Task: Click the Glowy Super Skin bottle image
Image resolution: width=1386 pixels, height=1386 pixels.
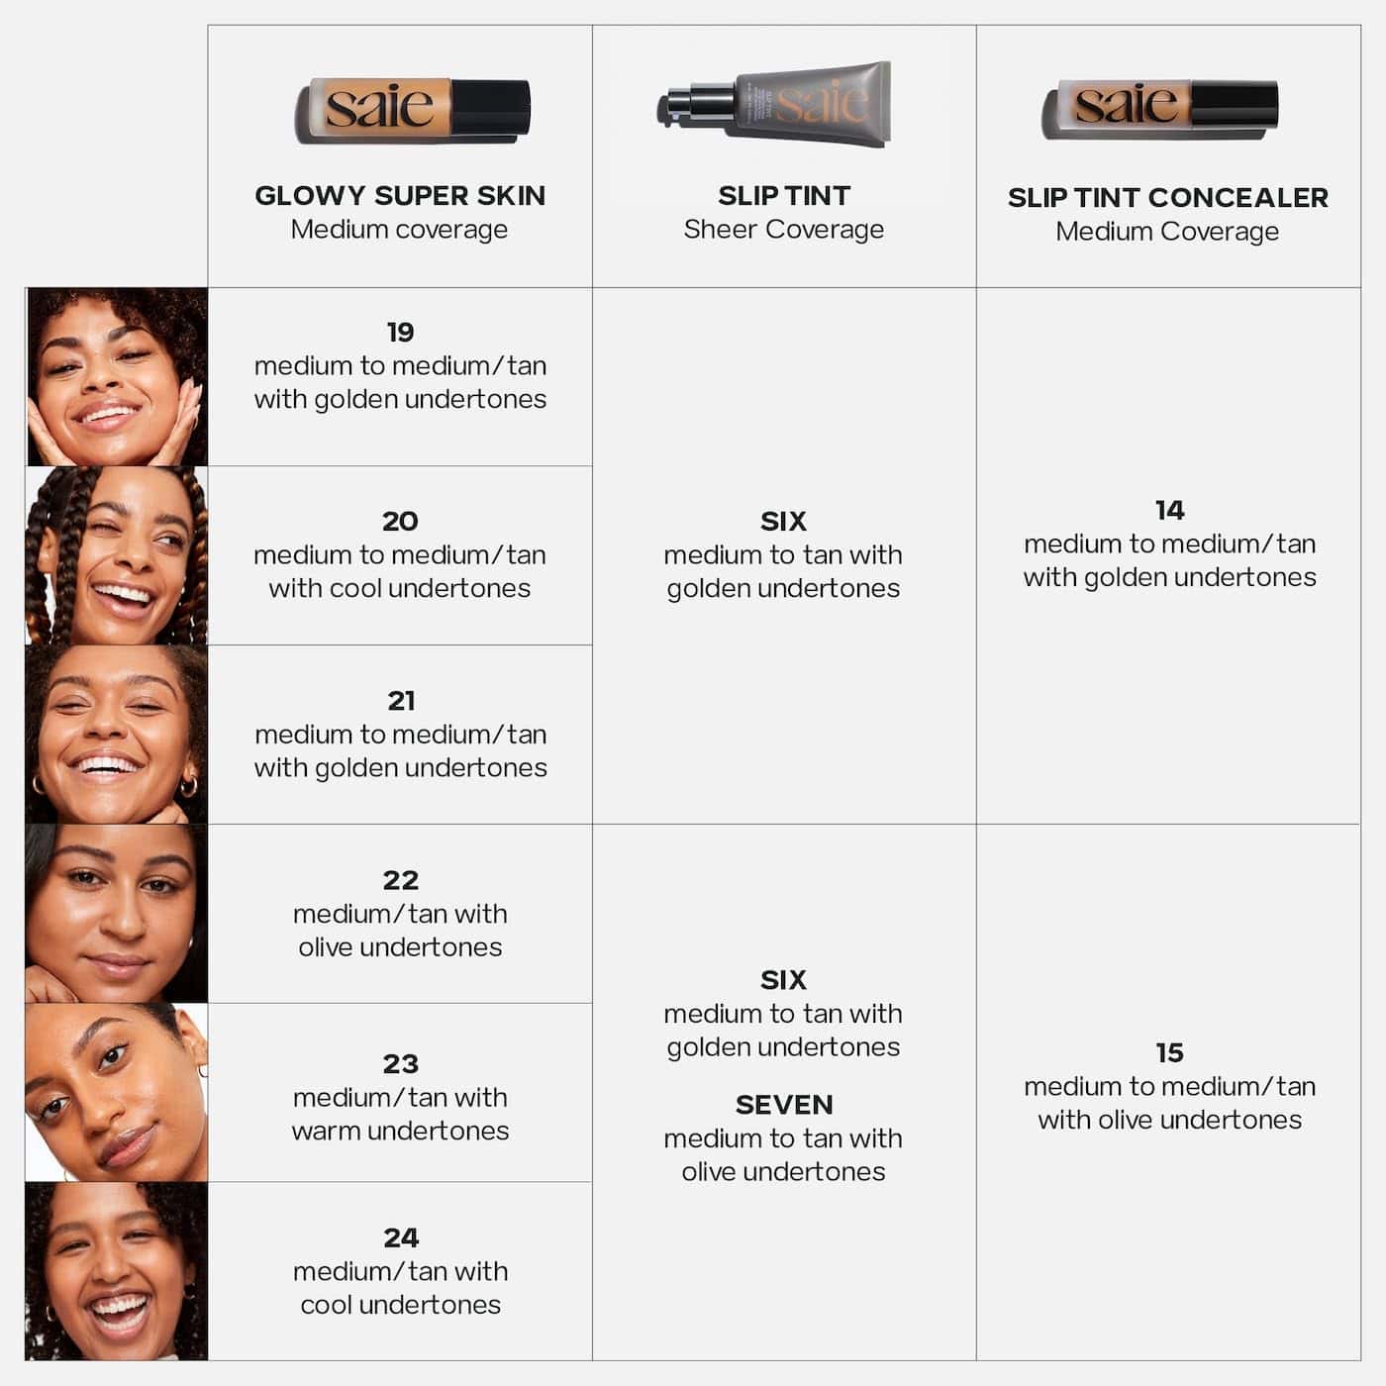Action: click(413, 110)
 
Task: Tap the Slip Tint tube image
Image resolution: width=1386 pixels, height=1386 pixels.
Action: click(774, 104)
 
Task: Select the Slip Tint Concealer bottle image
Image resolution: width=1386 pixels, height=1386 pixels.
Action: click(1159, 108)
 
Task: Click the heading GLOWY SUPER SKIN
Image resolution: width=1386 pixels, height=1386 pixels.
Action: click(400, 196)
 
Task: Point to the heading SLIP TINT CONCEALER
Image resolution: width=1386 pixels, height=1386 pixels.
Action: click(1167, 198)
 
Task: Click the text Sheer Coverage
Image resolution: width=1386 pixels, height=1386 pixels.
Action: click(783, 230)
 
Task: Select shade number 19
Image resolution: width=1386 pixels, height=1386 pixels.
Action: click(400, 332)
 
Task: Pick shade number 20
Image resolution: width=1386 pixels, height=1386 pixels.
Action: click(400, 521)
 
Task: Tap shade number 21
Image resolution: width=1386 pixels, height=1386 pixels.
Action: click(401, 701)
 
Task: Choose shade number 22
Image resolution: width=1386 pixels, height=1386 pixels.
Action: click(401, 880)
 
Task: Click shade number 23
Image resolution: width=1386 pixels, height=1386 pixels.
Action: click(401, 1064)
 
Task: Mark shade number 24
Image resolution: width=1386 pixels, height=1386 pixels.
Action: click(401, 1237)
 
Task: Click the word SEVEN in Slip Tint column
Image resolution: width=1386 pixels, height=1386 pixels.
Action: click(783, 1105)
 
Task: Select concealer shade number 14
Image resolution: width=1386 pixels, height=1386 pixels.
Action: click(1169, 510)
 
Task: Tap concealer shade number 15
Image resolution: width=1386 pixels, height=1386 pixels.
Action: click(1169, 1052)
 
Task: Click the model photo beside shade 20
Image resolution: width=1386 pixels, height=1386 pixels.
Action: click(117, 555)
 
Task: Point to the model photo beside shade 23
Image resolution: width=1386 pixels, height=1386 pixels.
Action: click(117, 1092)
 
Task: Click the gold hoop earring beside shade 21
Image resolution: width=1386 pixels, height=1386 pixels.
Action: click(188, 786)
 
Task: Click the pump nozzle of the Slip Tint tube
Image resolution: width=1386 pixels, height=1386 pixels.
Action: click(676, 105)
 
